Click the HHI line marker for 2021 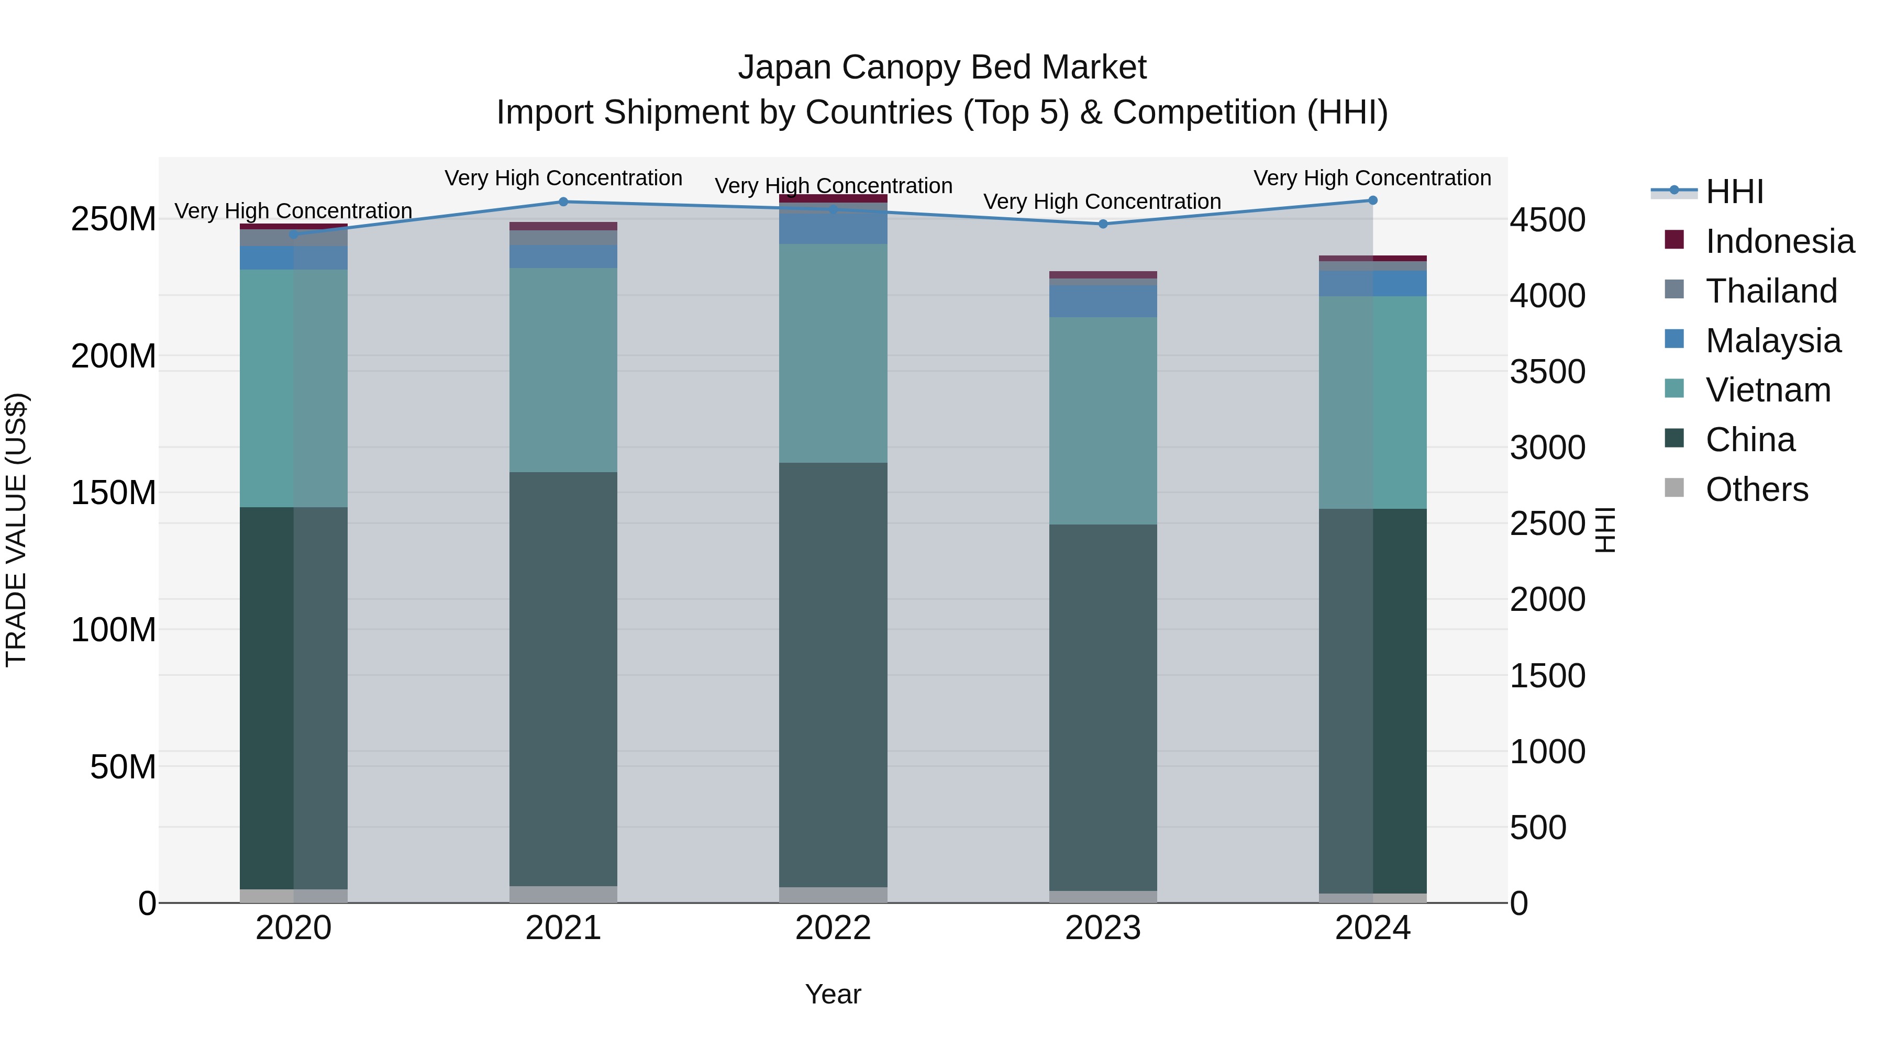[563, 202]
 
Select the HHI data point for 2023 [1103, 224]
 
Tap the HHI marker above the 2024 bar [1372, 200]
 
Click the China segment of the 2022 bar [833, 673]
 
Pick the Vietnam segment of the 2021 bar [563, 370]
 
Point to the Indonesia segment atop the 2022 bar [833, 198]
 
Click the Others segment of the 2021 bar [563, 894]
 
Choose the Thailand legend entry [1771, 291]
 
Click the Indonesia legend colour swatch [1673, 240]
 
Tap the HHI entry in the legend [1734, 192]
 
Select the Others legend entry [1756, 489]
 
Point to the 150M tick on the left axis [114, 493]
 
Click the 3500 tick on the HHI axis [1547, 372]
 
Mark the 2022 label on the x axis [833, 928]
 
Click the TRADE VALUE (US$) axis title [16, 530]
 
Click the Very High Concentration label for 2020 [293, 210]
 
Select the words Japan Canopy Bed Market [942, 68]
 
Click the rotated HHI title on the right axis [1604, 530]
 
